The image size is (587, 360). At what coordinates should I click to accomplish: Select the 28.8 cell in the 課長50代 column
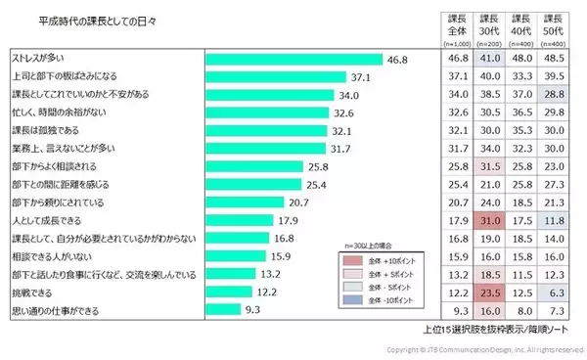tap(554, 95)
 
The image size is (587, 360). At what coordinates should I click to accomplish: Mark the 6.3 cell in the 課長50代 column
tap(554, 292)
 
